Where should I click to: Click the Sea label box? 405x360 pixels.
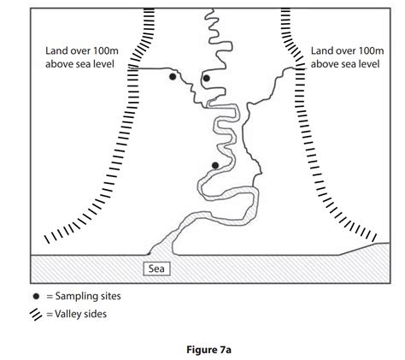pos(156,269)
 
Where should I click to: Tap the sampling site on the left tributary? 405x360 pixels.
pos(173,76)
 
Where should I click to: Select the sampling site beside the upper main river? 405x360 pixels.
pos(207,78)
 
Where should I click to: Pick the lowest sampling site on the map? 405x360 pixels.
pos(215,165)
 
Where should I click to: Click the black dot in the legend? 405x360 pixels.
pos(36,297)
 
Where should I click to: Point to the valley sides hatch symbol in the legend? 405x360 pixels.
pos(36,315)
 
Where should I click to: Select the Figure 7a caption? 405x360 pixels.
pos(208,350)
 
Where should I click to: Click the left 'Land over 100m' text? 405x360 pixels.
pos(82,51)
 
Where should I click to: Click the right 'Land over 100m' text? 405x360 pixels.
pos(347,51)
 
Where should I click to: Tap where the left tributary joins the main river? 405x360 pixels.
pos(207,107)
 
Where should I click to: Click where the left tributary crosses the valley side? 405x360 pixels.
pos(133,68)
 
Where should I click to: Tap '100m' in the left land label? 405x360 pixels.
pos(105,51)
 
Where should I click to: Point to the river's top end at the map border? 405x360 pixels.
pos(211,9)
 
